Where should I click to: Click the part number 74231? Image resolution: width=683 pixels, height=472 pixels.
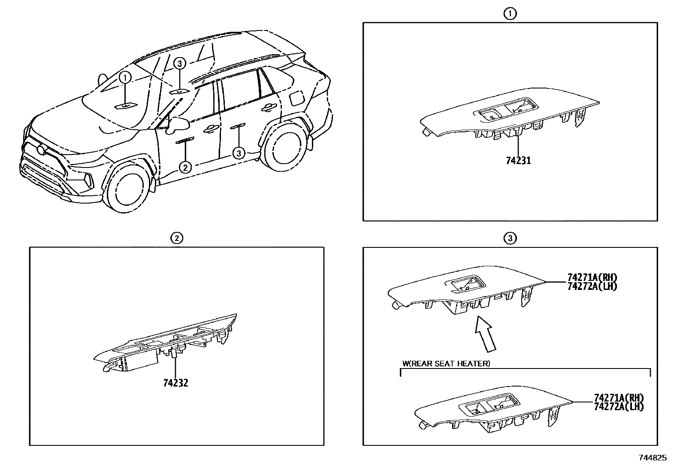[518, 161]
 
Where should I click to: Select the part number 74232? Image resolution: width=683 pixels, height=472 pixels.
[175, 382]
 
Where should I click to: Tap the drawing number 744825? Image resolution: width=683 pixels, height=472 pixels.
[652, 458]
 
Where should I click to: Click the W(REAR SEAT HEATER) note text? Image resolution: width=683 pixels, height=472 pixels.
[446, 364]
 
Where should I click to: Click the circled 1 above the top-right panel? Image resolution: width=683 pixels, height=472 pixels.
[510, 14]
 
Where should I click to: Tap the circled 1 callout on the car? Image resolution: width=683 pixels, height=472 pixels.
[125, 78]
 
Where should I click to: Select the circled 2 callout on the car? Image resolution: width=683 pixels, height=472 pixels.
[185, 167]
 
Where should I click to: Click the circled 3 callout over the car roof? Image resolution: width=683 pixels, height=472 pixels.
[180, 64]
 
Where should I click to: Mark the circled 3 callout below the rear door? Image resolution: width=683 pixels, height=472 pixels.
[239, 152]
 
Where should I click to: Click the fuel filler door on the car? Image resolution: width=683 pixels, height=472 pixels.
[296, 97]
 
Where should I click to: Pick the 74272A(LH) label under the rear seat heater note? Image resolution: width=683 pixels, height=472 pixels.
[619, 406]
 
